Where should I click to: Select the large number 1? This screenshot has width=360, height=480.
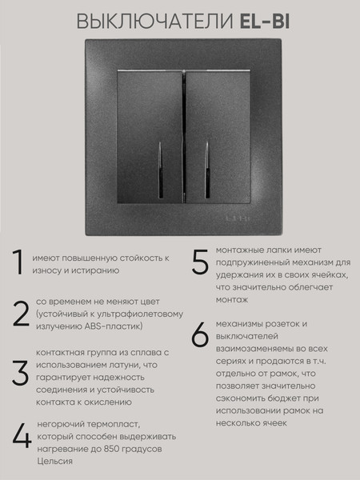click(x=18, y=264)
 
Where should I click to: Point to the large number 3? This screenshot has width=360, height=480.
click(x=20, y=374)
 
